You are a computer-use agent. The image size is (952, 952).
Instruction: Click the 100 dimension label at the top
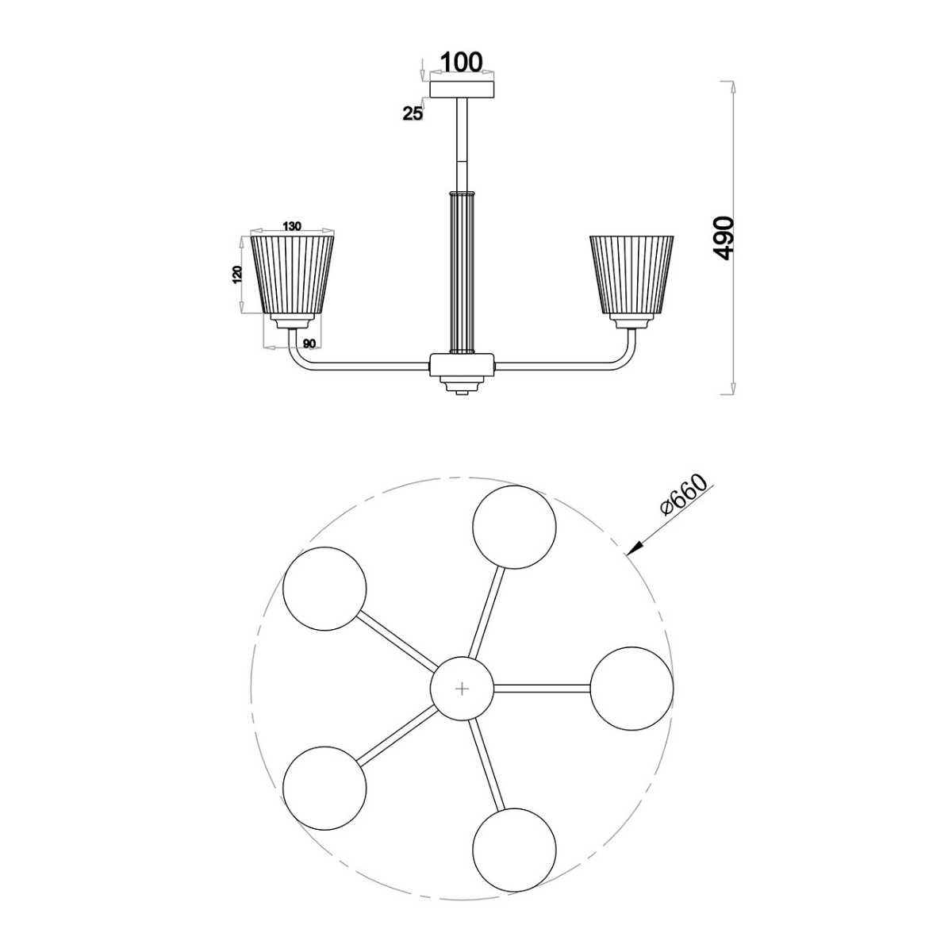[461, 63]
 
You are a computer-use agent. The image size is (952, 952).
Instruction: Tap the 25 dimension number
[413, 113]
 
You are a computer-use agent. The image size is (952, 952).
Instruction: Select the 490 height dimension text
[724, 238]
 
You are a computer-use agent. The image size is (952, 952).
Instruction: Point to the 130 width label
[291, 227]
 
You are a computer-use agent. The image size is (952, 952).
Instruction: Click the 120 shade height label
[237, 274]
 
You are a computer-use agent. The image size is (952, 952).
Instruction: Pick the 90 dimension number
[309, 344]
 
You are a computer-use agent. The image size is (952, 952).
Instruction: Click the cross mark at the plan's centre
[462, 689]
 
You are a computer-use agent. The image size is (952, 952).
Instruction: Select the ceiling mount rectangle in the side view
[462, 90]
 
